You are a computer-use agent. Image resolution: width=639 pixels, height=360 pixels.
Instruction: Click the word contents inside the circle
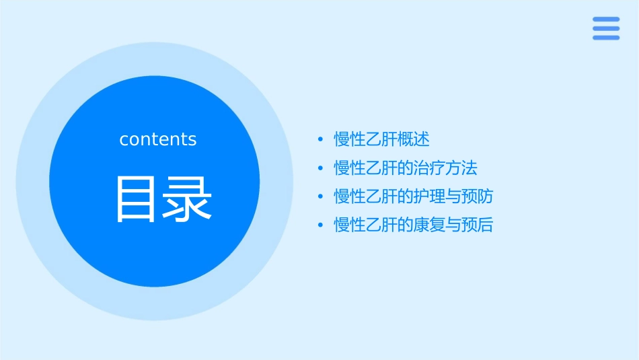[x=158, y=139]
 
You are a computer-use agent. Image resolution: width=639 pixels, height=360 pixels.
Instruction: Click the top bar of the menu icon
[x=606, y=20]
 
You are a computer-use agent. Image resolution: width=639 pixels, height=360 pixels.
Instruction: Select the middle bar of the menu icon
[x=606, y=28]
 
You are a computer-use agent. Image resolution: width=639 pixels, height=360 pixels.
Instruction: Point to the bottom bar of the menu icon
[x=606, y=37]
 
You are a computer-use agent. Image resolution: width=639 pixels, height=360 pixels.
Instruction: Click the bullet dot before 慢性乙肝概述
[x=321, y=140]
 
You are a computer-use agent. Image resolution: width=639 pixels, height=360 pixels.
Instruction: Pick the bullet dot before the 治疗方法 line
[x=321, y=168]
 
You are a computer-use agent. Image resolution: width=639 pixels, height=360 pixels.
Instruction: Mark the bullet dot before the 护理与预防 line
[x=321, y=196]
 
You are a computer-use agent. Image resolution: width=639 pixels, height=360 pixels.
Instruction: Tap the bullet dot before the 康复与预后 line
[x=321, y=225]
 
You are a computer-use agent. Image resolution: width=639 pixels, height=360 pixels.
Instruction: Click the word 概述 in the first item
[x=414, y=139]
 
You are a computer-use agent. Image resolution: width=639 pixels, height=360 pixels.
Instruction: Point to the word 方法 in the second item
[x=461, y=168]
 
